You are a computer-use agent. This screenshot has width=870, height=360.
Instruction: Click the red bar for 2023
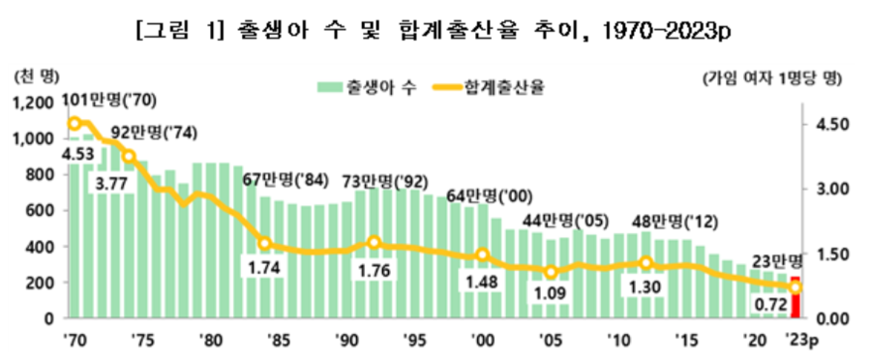(795, 298)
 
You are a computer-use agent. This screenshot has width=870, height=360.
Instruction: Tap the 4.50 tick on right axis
(833, 124)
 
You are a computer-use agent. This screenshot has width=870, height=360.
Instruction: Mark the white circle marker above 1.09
(552, 272)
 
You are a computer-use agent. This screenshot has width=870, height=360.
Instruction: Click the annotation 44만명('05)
(559, 222)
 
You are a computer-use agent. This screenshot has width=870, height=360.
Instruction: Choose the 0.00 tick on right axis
(833, 318)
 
